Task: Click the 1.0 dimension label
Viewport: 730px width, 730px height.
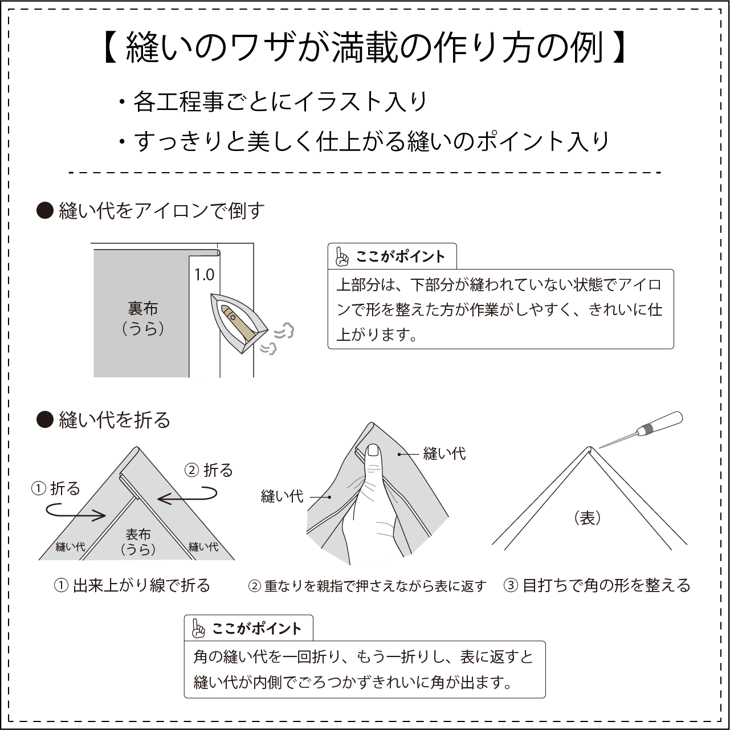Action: (x=204, y=275)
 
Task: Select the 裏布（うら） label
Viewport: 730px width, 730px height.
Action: (x=143, y=318)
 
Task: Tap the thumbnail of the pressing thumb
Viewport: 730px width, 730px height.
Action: (x=373, y=452)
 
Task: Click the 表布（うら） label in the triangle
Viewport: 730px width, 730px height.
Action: (x=138, y=541)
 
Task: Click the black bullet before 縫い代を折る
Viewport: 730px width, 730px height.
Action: (x=44, y=420)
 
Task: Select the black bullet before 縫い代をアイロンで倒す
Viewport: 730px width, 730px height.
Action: (x=44, y=211)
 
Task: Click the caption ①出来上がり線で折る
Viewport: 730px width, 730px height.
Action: (x=132, y=585)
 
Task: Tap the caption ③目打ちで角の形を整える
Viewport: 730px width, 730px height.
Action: (x=597, y=585)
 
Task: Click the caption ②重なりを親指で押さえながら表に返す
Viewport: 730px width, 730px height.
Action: (x=368, y=586)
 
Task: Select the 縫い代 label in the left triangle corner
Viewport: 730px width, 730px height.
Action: (x=70, y=547)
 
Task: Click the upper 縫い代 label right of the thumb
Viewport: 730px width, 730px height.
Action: (x=444, y=454)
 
